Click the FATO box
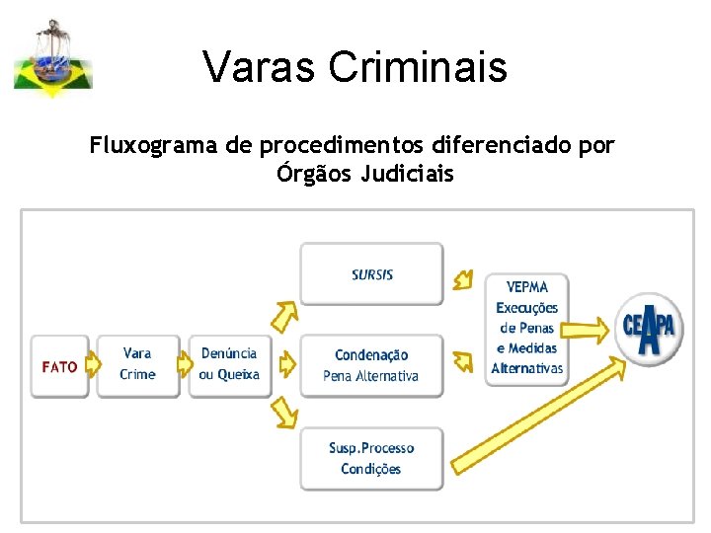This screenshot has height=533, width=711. (59, 366)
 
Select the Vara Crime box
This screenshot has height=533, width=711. (137, 364)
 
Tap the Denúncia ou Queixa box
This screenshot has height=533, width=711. (229, 364)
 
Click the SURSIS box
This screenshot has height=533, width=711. (372, 273)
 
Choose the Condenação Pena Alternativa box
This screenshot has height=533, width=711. (371, 365)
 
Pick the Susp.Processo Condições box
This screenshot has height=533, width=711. (371, 459)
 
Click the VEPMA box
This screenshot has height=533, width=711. (526, 328)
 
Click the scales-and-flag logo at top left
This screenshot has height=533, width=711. (52, 59)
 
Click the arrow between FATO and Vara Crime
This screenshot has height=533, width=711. (93, 365)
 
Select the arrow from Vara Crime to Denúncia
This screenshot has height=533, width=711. (184, 365)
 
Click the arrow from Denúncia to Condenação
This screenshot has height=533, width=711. (285, 365)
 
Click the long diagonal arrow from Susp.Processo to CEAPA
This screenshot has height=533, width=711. (538, 414)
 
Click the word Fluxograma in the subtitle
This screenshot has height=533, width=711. (154, 147)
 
